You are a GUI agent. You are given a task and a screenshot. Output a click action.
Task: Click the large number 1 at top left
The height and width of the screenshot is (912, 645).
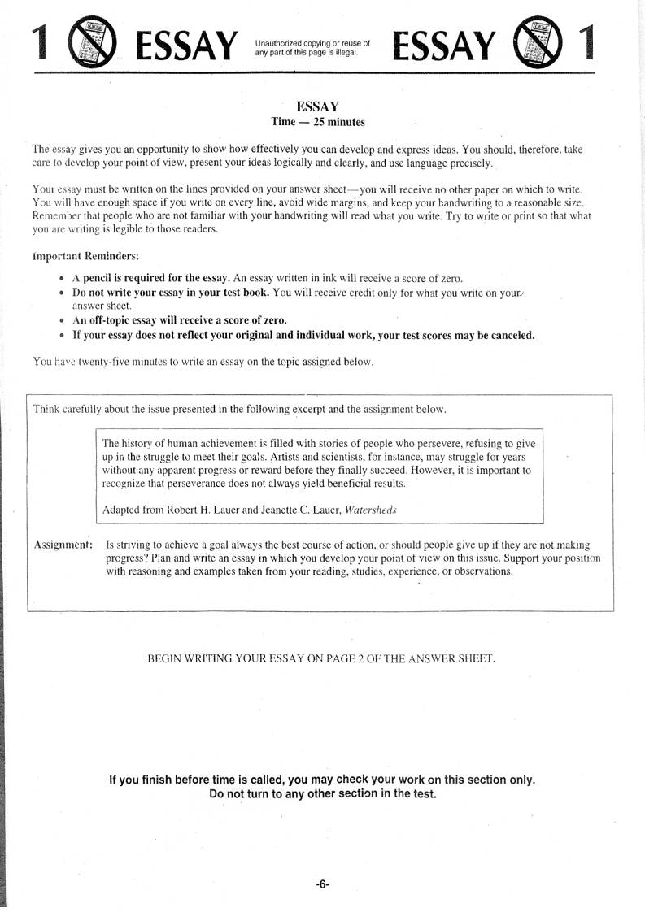pyautogui.click(x=41, y=43)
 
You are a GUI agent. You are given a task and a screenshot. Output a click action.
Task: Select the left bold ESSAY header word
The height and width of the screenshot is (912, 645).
pyautogui.click(x=187, y=46)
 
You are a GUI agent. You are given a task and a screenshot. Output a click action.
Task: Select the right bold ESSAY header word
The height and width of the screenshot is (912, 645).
pyautogui.click(x=443, y=46)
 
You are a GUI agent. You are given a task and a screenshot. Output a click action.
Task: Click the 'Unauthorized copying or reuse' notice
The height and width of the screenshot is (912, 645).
pyautogui.click(x=312, y=48)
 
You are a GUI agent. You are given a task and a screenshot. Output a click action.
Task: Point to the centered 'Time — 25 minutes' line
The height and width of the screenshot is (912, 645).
pyautogui.click(x=318, y=123)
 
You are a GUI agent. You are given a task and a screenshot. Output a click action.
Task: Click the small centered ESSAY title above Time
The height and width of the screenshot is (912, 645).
pyautogui.click(x=317, y=107)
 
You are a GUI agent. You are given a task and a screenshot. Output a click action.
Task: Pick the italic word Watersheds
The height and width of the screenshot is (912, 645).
pyautogui.click(x=372, y=510)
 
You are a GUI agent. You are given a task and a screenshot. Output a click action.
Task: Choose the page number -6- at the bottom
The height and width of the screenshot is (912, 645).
pyautogui.click(x=323, y=884)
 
